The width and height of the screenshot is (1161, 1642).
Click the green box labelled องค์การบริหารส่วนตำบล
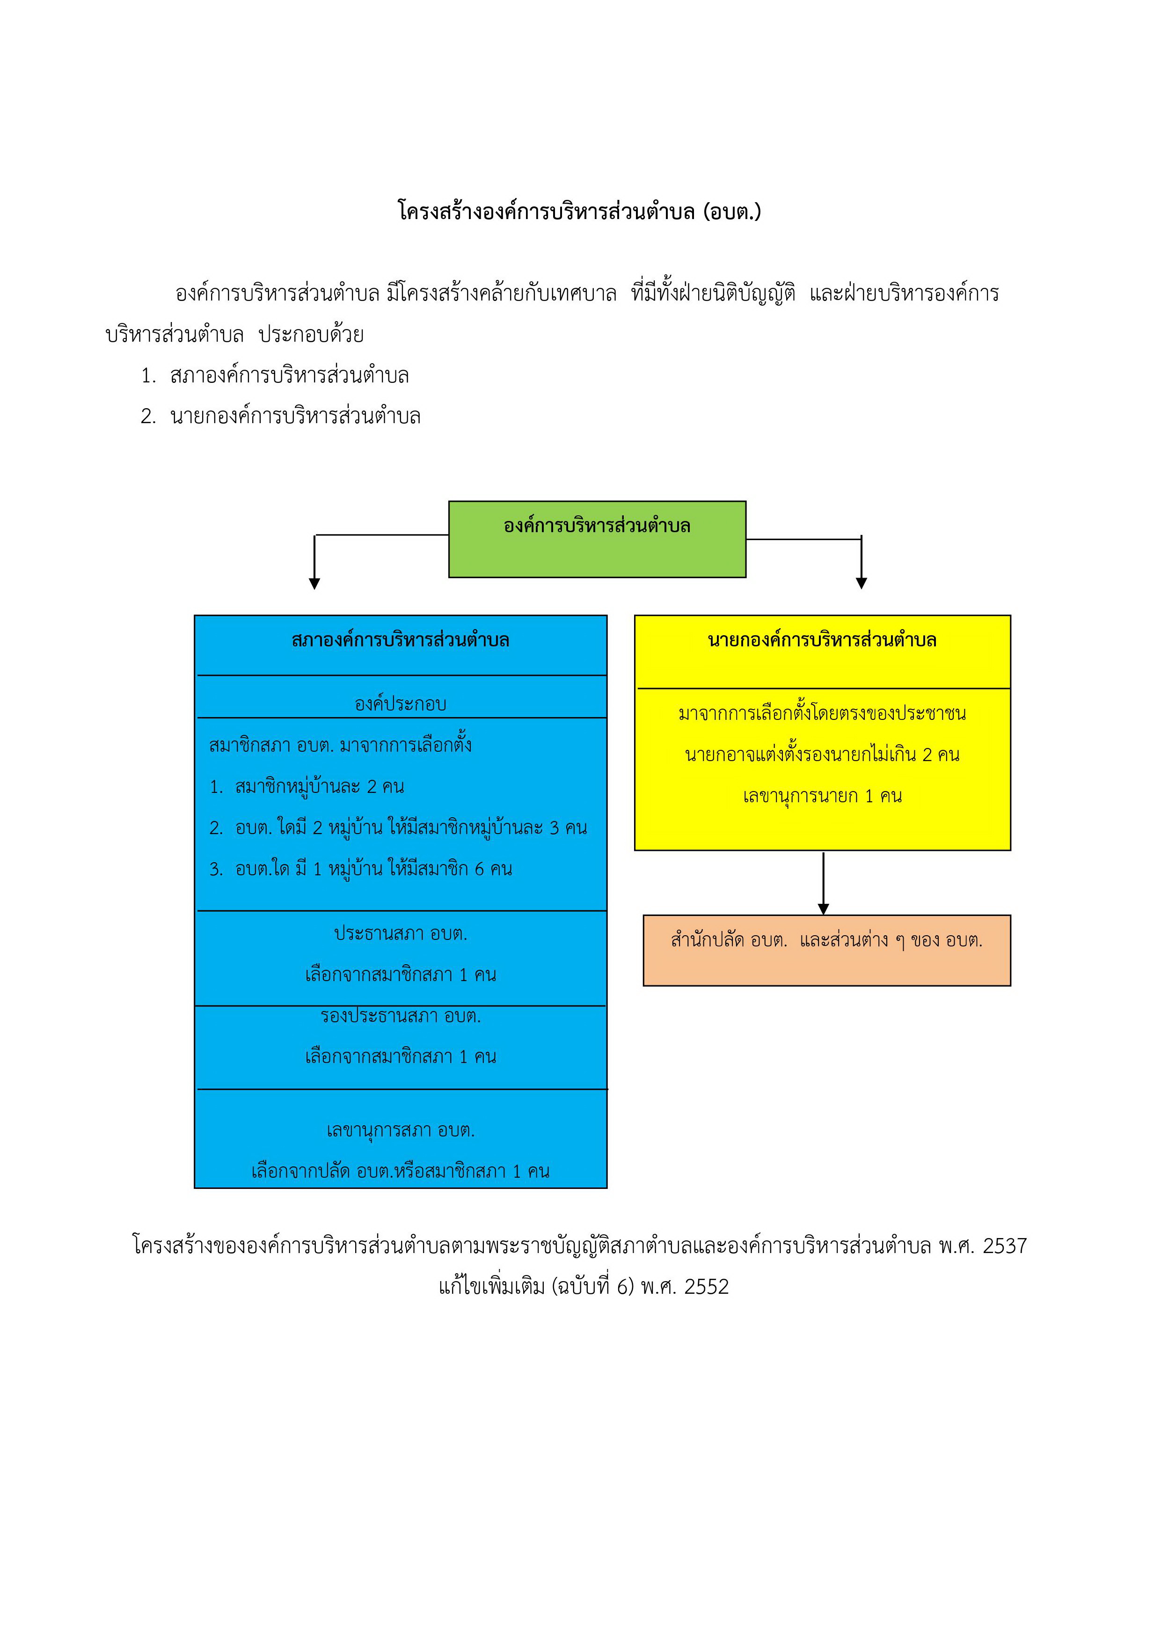click(x=597, y=539)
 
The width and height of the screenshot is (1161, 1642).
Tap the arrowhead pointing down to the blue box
click(x=314, y=584)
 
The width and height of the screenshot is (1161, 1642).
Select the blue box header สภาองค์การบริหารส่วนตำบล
click(x=401, y=640)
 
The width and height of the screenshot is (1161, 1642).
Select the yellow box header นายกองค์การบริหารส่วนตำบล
click(x=822, y=640)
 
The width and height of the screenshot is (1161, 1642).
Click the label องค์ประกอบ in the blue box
click(x=401, y=704)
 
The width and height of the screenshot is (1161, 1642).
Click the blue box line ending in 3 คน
click(x=398, y=828)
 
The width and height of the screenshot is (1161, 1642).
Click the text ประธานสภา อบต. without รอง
click(x=401, y=933)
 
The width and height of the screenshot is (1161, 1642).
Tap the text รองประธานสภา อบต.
click(x=401, y=1016)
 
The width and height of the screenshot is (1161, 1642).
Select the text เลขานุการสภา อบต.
click(x=401, y=1130)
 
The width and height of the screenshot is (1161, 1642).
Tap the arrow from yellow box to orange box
click(x=824, y=883)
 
